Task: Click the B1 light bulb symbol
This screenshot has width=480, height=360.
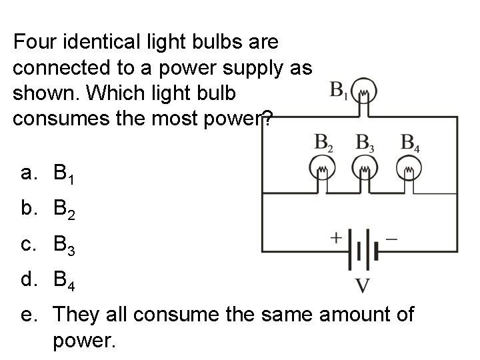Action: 364,91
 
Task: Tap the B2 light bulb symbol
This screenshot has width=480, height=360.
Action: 323,171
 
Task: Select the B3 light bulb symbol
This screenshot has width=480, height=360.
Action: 364,171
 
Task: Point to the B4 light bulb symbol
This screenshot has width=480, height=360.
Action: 409,171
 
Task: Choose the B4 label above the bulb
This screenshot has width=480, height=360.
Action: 410,143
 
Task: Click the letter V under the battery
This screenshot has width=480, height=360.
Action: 363,286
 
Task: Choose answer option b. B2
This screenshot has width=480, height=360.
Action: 47,213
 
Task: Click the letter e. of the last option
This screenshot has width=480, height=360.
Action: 27,313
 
